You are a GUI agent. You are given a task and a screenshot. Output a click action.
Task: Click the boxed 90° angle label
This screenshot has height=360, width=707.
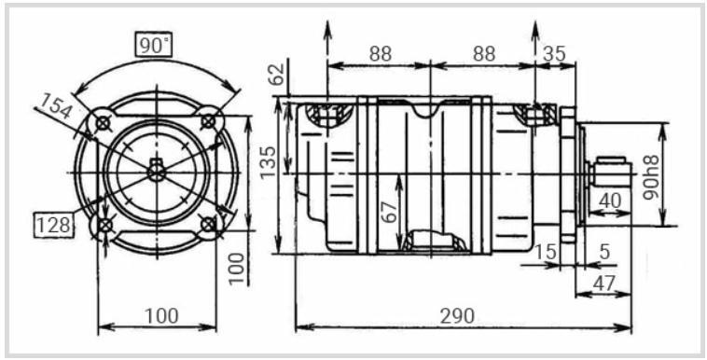(154, 45)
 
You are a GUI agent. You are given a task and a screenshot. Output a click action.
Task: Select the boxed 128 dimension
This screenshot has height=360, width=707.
(54, 225)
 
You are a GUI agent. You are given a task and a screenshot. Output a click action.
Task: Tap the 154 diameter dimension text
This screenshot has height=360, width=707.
(55, 106)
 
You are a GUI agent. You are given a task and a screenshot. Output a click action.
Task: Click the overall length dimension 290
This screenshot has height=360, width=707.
(457, 316)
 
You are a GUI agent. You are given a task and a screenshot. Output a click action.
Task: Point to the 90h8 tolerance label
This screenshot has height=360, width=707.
(651, 177)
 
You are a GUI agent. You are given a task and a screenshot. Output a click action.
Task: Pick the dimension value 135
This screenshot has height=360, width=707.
(268, 162)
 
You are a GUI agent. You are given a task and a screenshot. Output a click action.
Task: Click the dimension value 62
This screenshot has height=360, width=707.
(277, 74)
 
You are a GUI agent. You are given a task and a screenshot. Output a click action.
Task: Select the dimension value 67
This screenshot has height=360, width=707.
(392, 212)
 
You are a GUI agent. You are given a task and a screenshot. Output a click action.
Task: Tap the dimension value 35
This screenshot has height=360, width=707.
(554, 54)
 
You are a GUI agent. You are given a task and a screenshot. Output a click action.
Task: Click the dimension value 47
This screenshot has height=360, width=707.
(603, 284)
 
